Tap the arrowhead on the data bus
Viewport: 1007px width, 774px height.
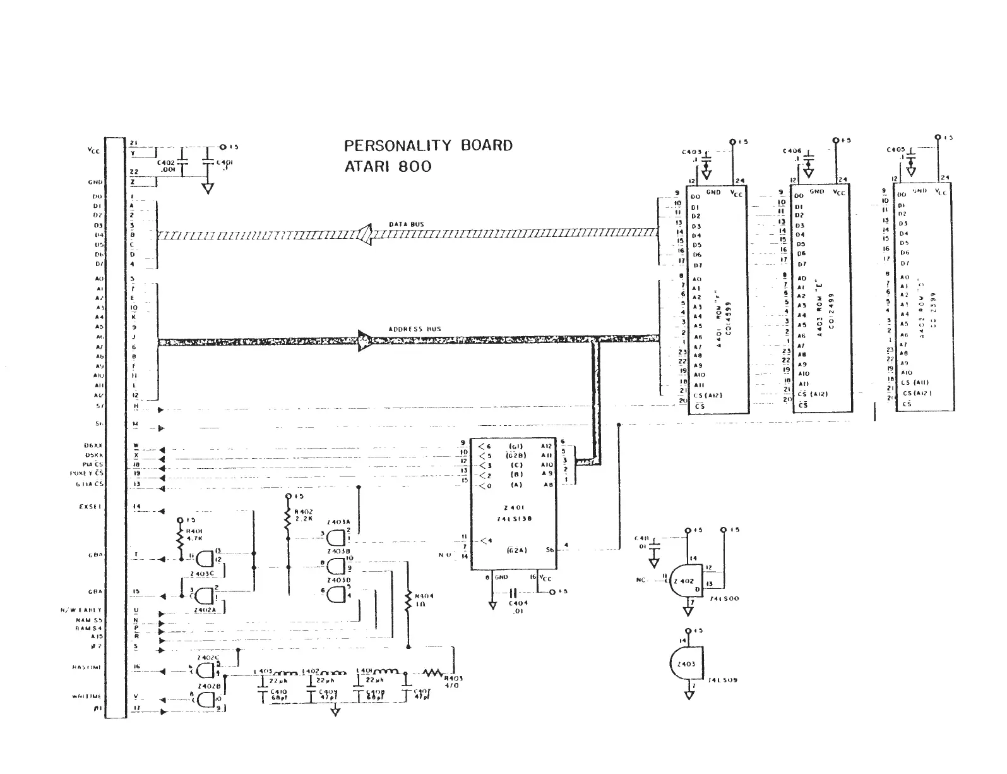366,234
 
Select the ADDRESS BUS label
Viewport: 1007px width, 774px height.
414,329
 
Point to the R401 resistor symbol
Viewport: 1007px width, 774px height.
180,540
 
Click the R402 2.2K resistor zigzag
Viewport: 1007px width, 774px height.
288,521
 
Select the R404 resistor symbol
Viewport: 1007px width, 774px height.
408,600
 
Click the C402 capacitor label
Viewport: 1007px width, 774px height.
166,166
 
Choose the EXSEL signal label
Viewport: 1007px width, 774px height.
92,506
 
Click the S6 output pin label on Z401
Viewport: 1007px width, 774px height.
549,550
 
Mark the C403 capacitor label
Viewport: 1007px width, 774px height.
691,152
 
